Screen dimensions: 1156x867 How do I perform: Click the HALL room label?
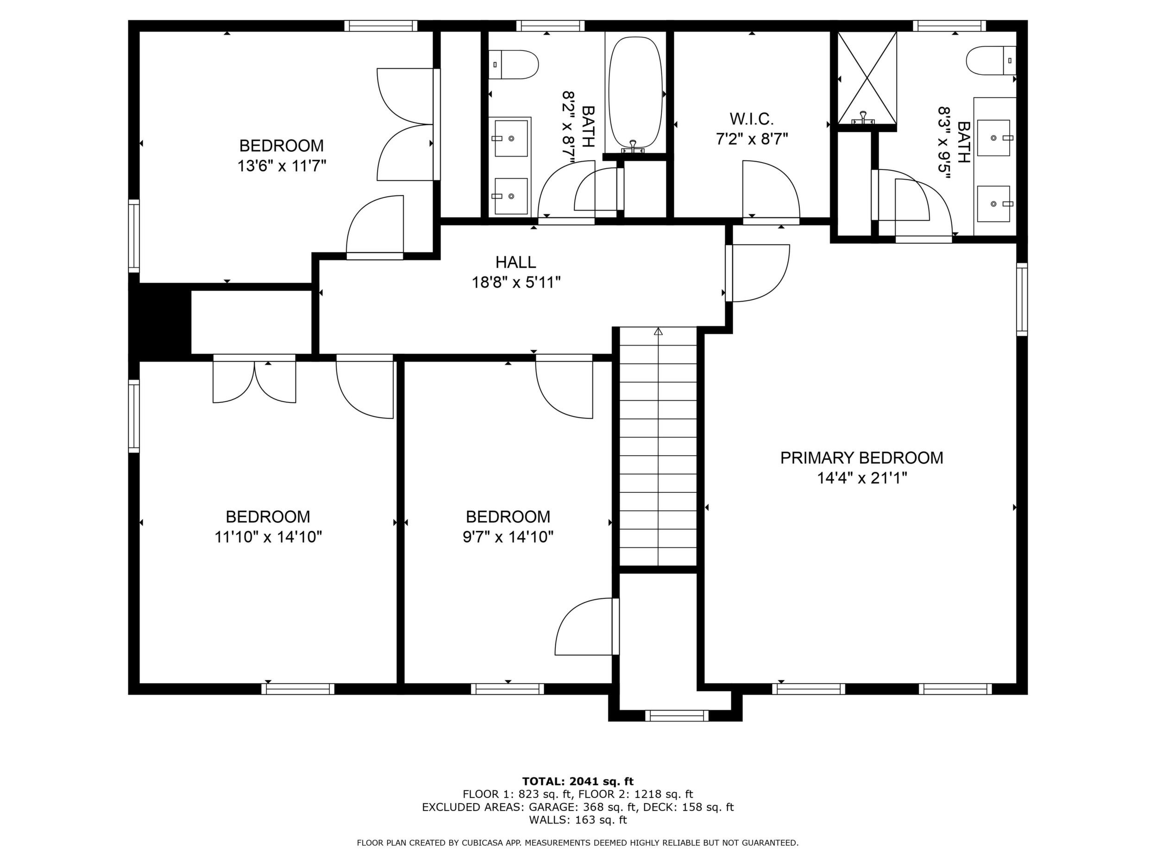click(x=515, y=262)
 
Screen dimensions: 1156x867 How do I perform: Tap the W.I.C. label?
click(x=752, y=119)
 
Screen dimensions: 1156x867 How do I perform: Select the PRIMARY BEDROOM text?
click(x=862, y=458)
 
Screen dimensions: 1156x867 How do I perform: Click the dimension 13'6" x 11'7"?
click(x=282, y=166)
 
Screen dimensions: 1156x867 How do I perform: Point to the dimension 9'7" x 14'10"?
click(x=508, y=537)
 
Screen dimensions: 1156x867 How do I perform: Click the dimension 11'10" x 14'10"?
click(x=268, y=537)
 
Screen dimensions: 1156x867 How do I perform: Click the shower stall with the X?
click(x=867, y=78)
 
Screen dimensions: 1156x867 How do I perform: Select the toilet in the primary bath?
click(x=991, y=61)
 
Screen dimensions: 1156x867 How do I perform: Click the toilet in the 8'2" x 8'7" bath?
click(x=513, y=65)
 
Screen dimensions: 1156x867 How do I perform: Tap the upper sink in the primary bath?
click(x=993, y=138)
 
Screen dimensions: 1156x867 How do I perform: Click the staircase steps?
click(x=658, y=447)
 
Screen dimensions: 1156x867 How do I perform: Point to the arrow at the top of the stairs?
click(x=658, y=331)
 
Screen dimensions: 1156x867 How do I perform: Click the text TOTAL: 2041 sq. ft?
click(x=578, y=781)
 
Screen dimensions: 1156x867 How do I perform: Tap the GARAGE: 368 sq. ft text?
click(x=582, y=807)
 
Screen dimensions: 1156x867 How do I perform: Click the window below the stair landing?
click(x=676, y=716)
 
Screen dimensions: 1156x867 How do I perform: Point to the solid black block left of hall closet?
click(x=160, y=320)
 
